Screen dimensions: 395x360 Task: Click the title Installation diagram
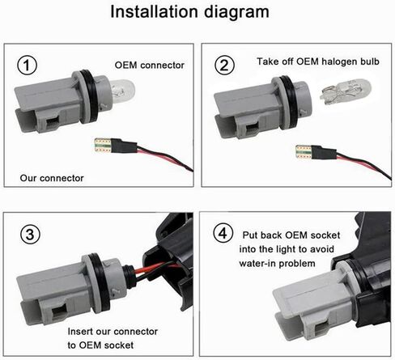[189, 12]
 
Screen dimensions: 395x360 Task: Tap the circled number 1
[27, 66]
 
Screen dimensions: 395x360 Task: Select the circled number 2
[225, 65]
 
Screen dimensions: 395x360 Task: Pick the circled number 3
[30, 234]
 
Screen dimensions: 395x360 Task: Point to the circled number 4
[223, 233]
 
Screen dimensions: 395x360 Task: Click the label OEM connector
[150, 66]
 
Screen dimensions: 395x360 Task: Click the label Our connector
[52, 178]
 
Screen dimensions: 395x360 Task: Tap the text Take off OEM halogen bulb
[318, 61]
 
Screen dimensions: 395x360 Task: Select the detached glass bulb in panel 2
[346, 91]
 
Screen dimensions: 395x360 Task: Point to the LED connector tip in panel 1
[103, 146]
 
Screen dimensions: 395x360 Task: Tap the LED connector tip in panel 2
[304, 152]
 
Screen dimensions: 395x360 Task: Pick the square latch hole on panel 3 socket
[59, 314]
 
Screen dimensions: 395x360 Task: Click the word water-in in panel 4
[257, 264]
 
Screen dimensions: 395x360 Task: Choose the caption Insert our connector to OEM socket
[113, 338]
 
